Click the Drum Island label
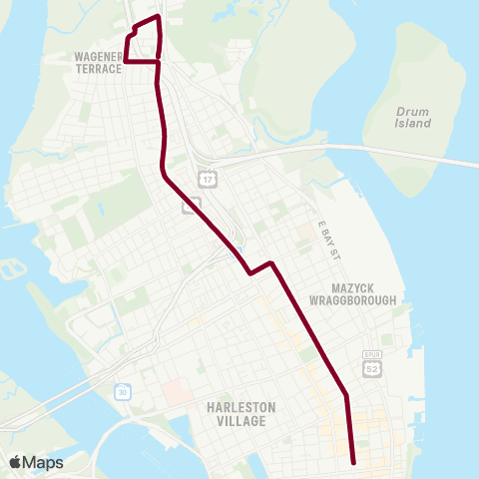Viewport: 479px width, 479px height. pyautogui.click(x=411, y=117)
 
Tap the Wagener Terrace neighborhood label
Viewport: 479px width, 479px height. pyautogui.click(x=98, y=64)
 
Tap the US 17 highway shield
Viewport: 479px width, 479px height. pyautogui.click(x=207, y=180)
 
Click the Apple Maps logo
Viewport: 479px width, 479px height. pyautogui.click(x=36, y=462)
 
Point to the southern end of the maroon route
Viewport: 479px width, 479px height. pyautogui.click(x=354, y=462)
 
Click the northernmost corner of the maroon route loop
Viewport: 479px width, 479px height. pyautogui.click(x=158, y=17)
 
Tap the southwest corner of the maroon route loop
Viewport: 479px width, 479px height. pyautogui.click(x=126, y=62)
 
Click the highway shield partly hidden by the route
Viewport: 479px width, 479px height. pyautogui.click(x=190, y=205)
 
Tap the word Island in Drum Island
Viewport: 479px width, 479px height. pyautogui.click(x=411, y=124)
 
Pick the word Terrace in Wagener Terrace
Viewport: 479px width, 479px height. pyautogui.click(x=98, y=70)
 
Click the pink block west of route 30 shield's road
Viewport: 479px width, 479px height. pyautogui.click(x=176, y=394)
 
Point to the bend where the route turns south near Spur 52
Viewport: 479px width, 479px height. pyautogui.click(x=346, y=396)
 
